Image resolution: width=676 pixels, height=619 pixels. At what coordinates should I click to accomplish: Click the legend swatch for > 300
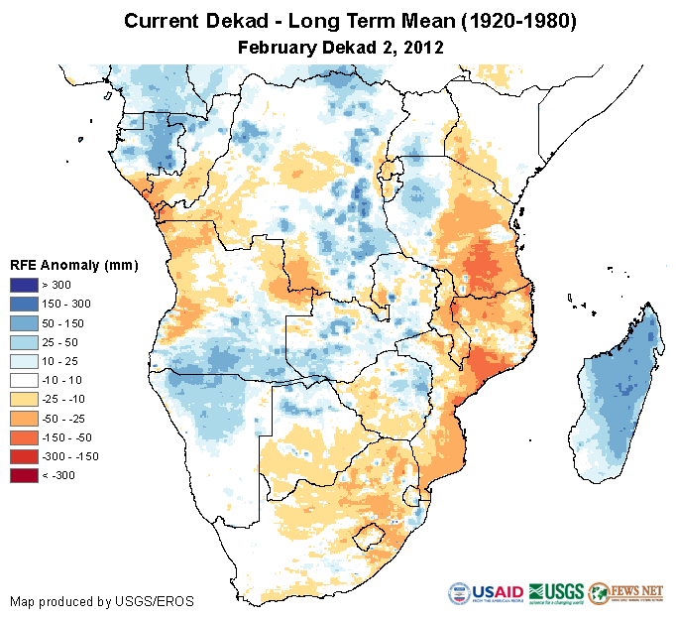(x=25, y=285)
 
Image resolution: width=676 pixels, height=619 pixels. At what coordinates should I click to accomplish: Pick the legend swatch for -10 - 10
(x=25, y=380)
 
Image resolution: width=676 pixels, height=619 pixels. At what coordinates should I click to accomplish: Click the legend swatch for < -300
(x=25, y=475)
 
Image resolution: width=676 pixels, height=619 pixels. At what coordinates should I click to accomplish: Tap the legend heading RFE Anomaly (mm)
(x=73, y=265)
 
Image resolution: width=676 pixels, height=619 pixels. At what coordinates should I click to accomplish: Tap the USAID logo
(x=485, y=594)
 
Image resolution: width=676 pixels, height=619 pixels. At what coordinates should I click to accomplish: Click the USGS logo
(x=557, y=594)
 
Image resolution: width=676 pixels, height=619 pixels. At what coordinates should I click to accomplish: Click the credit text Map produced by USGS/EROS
(x=102, y=601)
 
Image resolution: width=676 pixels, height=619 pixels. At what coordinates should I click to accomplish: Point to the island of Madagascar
(x=619, y=397)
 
